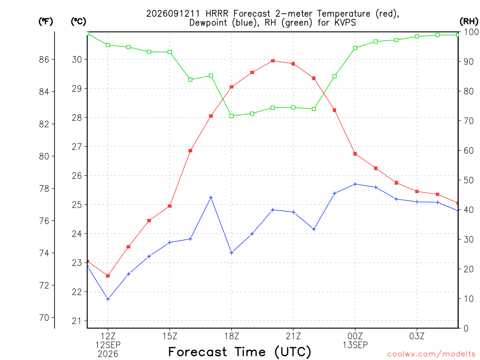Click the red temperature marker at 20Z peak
click(273, 61)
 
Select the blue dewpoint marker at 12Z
click(108, 299)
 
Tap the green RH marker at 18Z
click(232, 116)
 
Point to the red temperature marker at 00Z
click(355, 154)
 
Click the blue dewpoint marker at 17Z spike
click(211, 198)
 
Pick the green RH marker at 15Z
click(170, 52)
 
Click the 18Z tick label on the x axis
click(232, 336)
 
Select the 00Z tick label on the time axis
click(355, 336)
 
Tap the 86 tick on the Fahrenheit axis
click(44, 60)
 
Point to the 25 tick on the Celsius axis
click(77, 205)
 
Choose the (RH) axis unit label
click(469, 21)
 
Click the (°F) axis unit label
click(45, 22)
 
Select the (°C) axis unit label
click(78, 22)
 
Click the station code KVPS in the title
click(345, 22)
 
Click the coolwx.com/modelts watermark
click(431, 354)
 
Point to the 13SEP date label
click(355, 345)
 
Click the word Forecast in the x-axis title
click(198, 352)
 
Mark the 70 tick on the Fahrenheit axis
click(44, 318)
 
